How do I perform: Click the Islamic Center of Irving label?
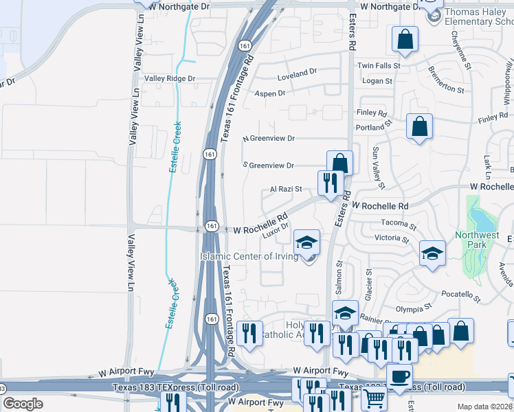(x=249, y=257)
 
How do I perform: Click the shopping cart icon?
(x=374, y=399)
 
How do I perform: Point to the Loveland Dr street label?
(x=297, y=71)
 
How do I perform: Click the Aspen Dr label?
(x=269, y=93)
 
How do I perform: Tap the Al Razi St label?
(x=286, y=189)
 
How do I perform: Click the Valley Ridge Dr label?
(x=170, y=79)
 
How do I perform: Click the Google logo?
(x=23, y=404)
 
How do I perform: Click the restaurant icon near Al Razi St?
(x=331, y=183)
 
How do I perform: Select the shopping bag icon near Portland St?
(x=419, y=127)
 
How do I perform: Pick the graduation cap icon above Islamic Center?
(x=307, y=242)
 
